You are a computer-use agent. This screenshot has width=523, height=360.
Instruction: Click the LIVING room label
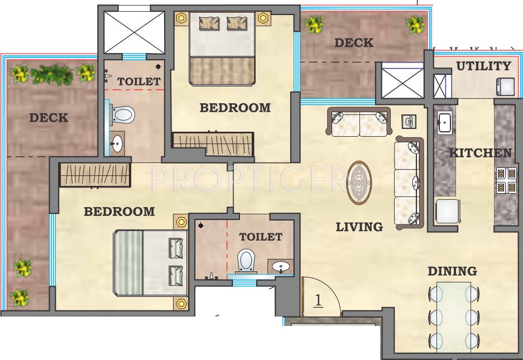tap(359, 227)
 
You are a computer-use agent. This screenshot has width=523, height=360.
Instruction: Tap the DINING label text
tap(452, 272)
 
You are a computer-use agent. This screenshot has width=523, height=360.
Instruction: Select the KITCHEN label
tap(480, 153)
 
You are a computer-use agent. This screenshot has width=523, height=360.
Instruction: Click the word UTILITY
tap(483, 66)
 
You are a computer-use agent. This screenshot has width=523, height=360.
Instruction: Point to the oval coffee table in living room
tap(359, 183)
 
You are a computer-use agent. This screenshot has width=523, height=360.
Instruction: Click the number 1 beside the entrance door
tap(318, 300)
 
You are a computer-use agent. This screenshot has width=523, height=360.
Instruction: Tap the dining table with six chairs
tap(454, 315)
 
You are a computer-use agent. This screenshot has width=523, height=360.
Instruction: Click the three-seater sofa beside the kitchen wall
tap(408, 183)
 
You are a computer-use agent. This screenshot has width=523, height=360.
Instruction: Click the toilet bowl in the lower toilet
tap(246, 261)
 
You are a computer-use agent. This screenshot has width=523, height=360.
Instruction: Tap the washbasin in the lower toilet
tap(281, 267)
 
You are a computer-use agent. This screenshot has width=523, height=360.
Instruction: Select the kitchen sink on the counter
tap(445, 123)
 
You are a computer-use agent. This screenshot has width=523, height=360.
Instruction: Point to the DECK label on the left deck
tap(49, 118)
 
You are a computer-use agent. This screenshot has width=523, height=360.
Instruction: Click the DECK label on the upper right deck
tap(354, 42)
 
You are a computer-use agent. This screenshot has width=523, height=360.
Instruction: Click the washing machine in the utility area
tap(506, 86)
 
